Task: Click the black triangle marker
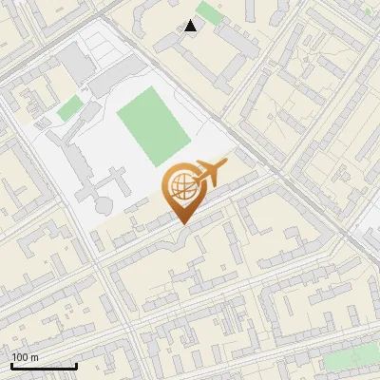tap(191, 26)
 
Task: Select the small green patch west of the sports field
tap(68, 108)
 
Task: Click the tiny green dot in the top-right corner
tap(368, 10)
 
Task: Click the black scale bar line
tap(44, 367)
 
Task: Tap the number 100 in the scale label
tap(20, 357)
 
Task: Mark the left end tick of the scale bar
tap(11, 365)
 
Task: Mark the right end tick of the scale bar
tap(76, 365)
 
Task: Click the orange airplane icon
tap(209, 174)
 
